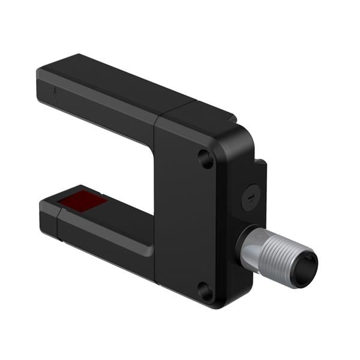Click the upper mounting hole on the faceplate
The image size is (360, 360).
(x=205, y=158)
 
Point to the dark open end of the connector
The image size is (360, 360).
(x=308, y=262)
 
